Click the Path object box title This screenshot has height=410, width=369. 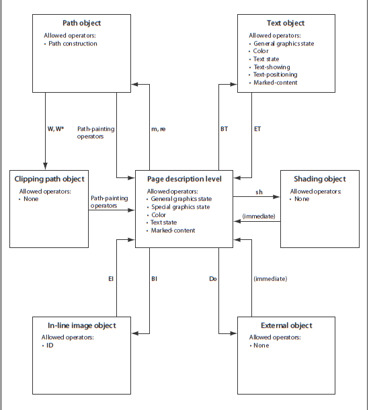pos(81,23)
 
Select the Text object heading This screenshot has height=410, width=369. pos(286,23)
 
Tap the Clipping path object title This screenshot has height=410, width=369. pos(49,179)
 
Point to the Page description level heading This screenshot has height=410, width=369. pos(184,179)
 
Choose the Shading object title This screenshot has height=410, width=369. pos(320,179)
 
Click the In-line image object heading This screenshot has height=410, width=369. pos(81,325)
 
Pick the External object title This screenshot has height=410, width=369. pos(286,325)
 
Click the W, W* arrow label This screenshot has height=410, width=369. pos(56,129)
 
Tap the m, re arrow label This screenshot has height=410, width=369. pos(159,129)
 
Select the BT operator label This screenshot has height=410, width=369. pos(224,129)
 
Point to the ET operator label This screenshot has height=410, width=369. pos(257,129)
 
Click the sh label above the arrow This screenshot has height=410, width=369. pos(259,192)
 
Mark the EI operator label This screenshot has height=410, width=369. pos(111,279)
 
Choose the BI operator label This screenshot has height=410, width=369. pos(155,279)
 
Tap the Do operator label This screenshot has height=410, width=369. pos(213,279)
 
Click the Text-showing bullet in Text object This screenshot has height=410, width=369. pos(272,67)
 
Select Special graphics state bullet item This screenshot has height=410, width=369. pos(180,207)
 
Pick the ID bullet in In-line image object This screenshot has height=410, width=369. pos(50,345)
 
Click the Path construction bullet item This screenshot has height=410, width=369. pos(73,44)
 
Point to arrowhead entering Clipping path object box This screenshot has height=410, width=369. pos(45,166)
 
